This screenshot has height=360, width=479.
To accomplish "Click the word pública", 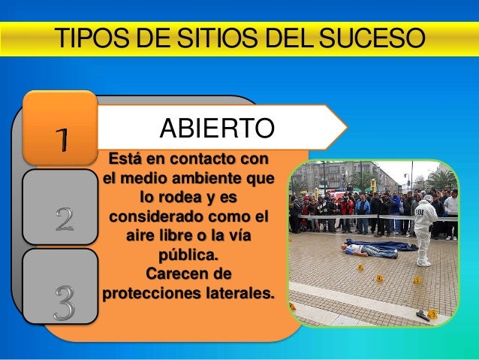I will [189, 254].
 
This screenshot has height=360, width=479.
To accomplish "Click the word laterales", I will [237, 292].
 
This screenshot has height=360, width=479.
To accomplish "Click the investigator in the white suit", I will [424, 228].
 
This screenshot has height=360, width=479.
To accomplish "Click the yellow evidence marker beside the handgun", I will [432, 313].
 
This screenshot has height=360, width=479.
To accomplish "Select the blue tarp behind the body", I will [391, 244].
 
